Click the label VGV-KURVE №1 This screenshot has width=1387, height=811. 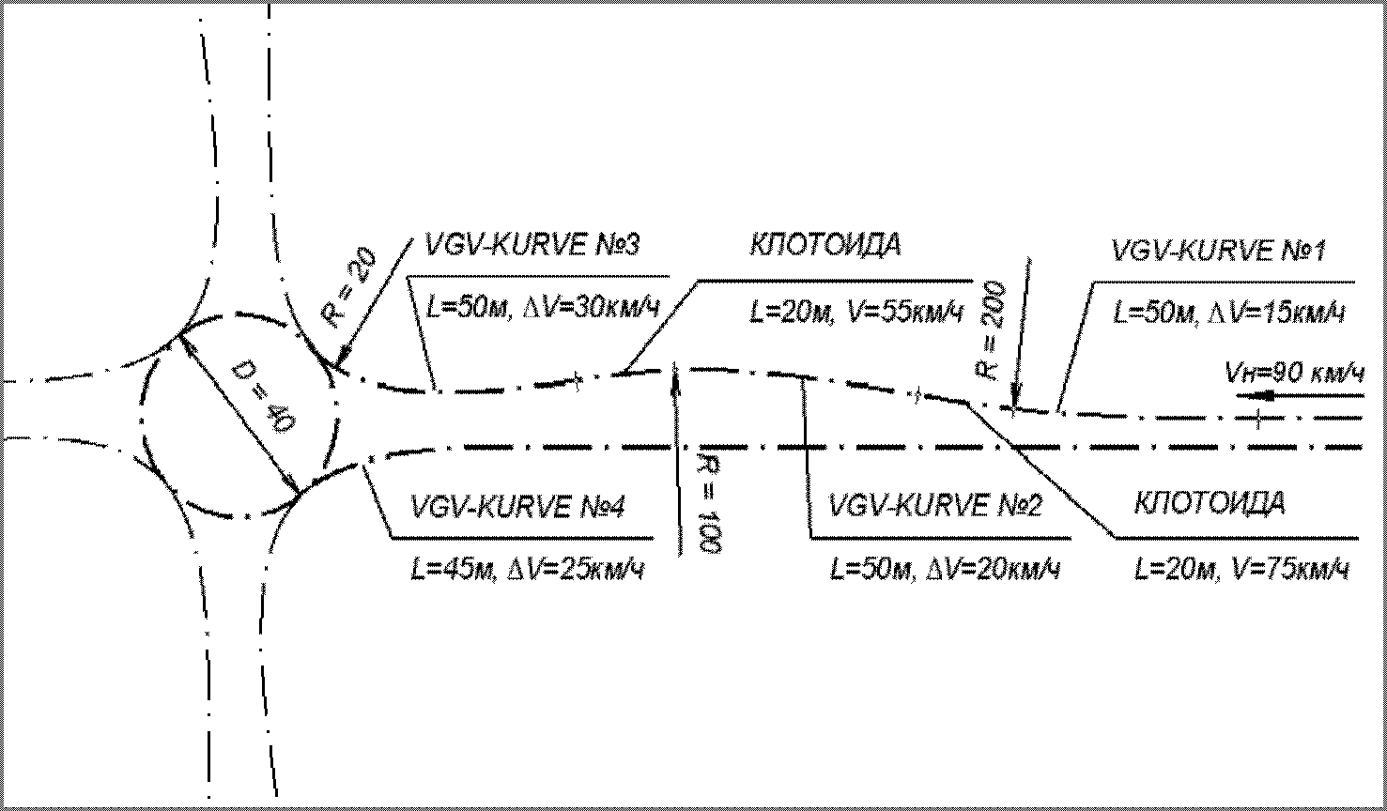(x=1217, y=252)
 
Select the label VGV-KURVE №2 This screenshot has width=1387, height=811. (x=935, y=507)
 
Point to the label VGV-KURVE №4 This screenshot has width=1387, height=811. (x=518, y=507)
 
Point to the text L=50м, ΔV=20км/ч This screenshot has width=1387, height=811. (x=945, y=569)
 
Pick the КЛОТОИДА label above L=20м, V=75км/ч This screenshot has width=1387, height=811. (x=1210, y=503)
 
